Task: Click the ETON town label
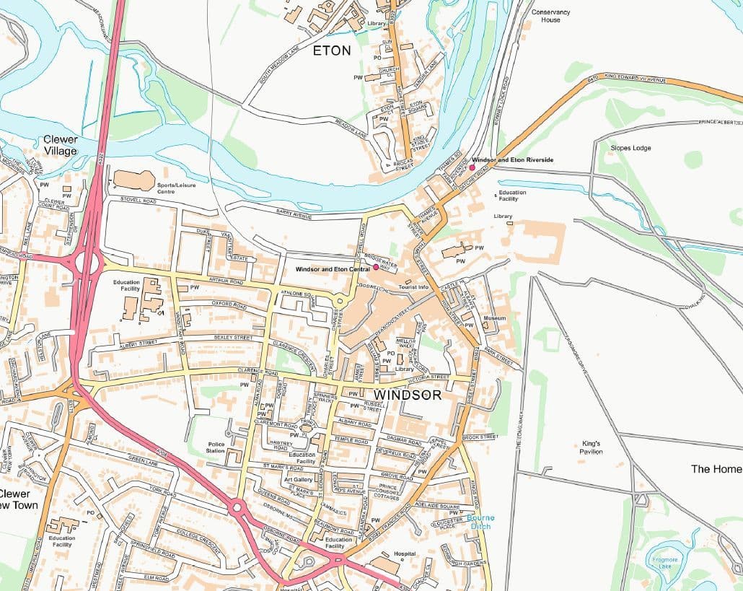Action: [x=333, y=51]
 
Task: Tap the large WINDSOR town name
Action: [x=408, y=395]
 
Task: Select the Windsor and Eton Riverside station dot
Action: [x=472, y=167]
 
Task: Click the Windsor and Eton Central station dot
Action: [x=376, y=267]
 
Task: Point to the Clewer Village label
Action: [x=60, y=145]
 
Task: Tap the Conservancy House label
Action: [x=550, y=16]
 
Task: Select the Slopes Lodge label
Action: [x=630, y=148]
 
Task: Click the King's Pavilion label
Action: [x=592, y=447]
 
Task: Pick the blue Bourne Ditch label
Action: [x=480, y=522]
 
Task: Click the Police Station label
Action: [x=216, y=447]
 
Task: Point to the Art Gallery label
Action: [x=298, y=479]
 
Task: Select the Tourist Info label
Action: [x=413, y=287]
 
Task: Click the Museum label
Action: [x=494, y=318]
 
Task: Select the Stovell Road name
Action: [x=139, y=198]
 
